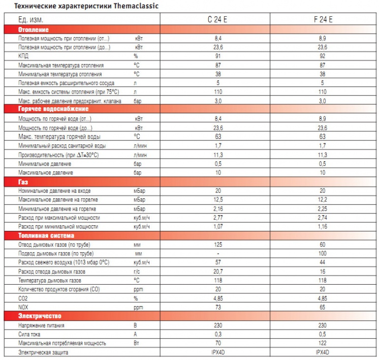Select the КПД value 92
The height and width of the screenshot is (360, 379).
point(322,56)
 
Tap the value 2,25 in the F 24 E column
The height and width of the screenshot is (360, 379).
point(322,208)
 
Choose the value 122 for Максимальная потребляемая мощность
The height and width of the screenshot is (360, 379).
point(322,343)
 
